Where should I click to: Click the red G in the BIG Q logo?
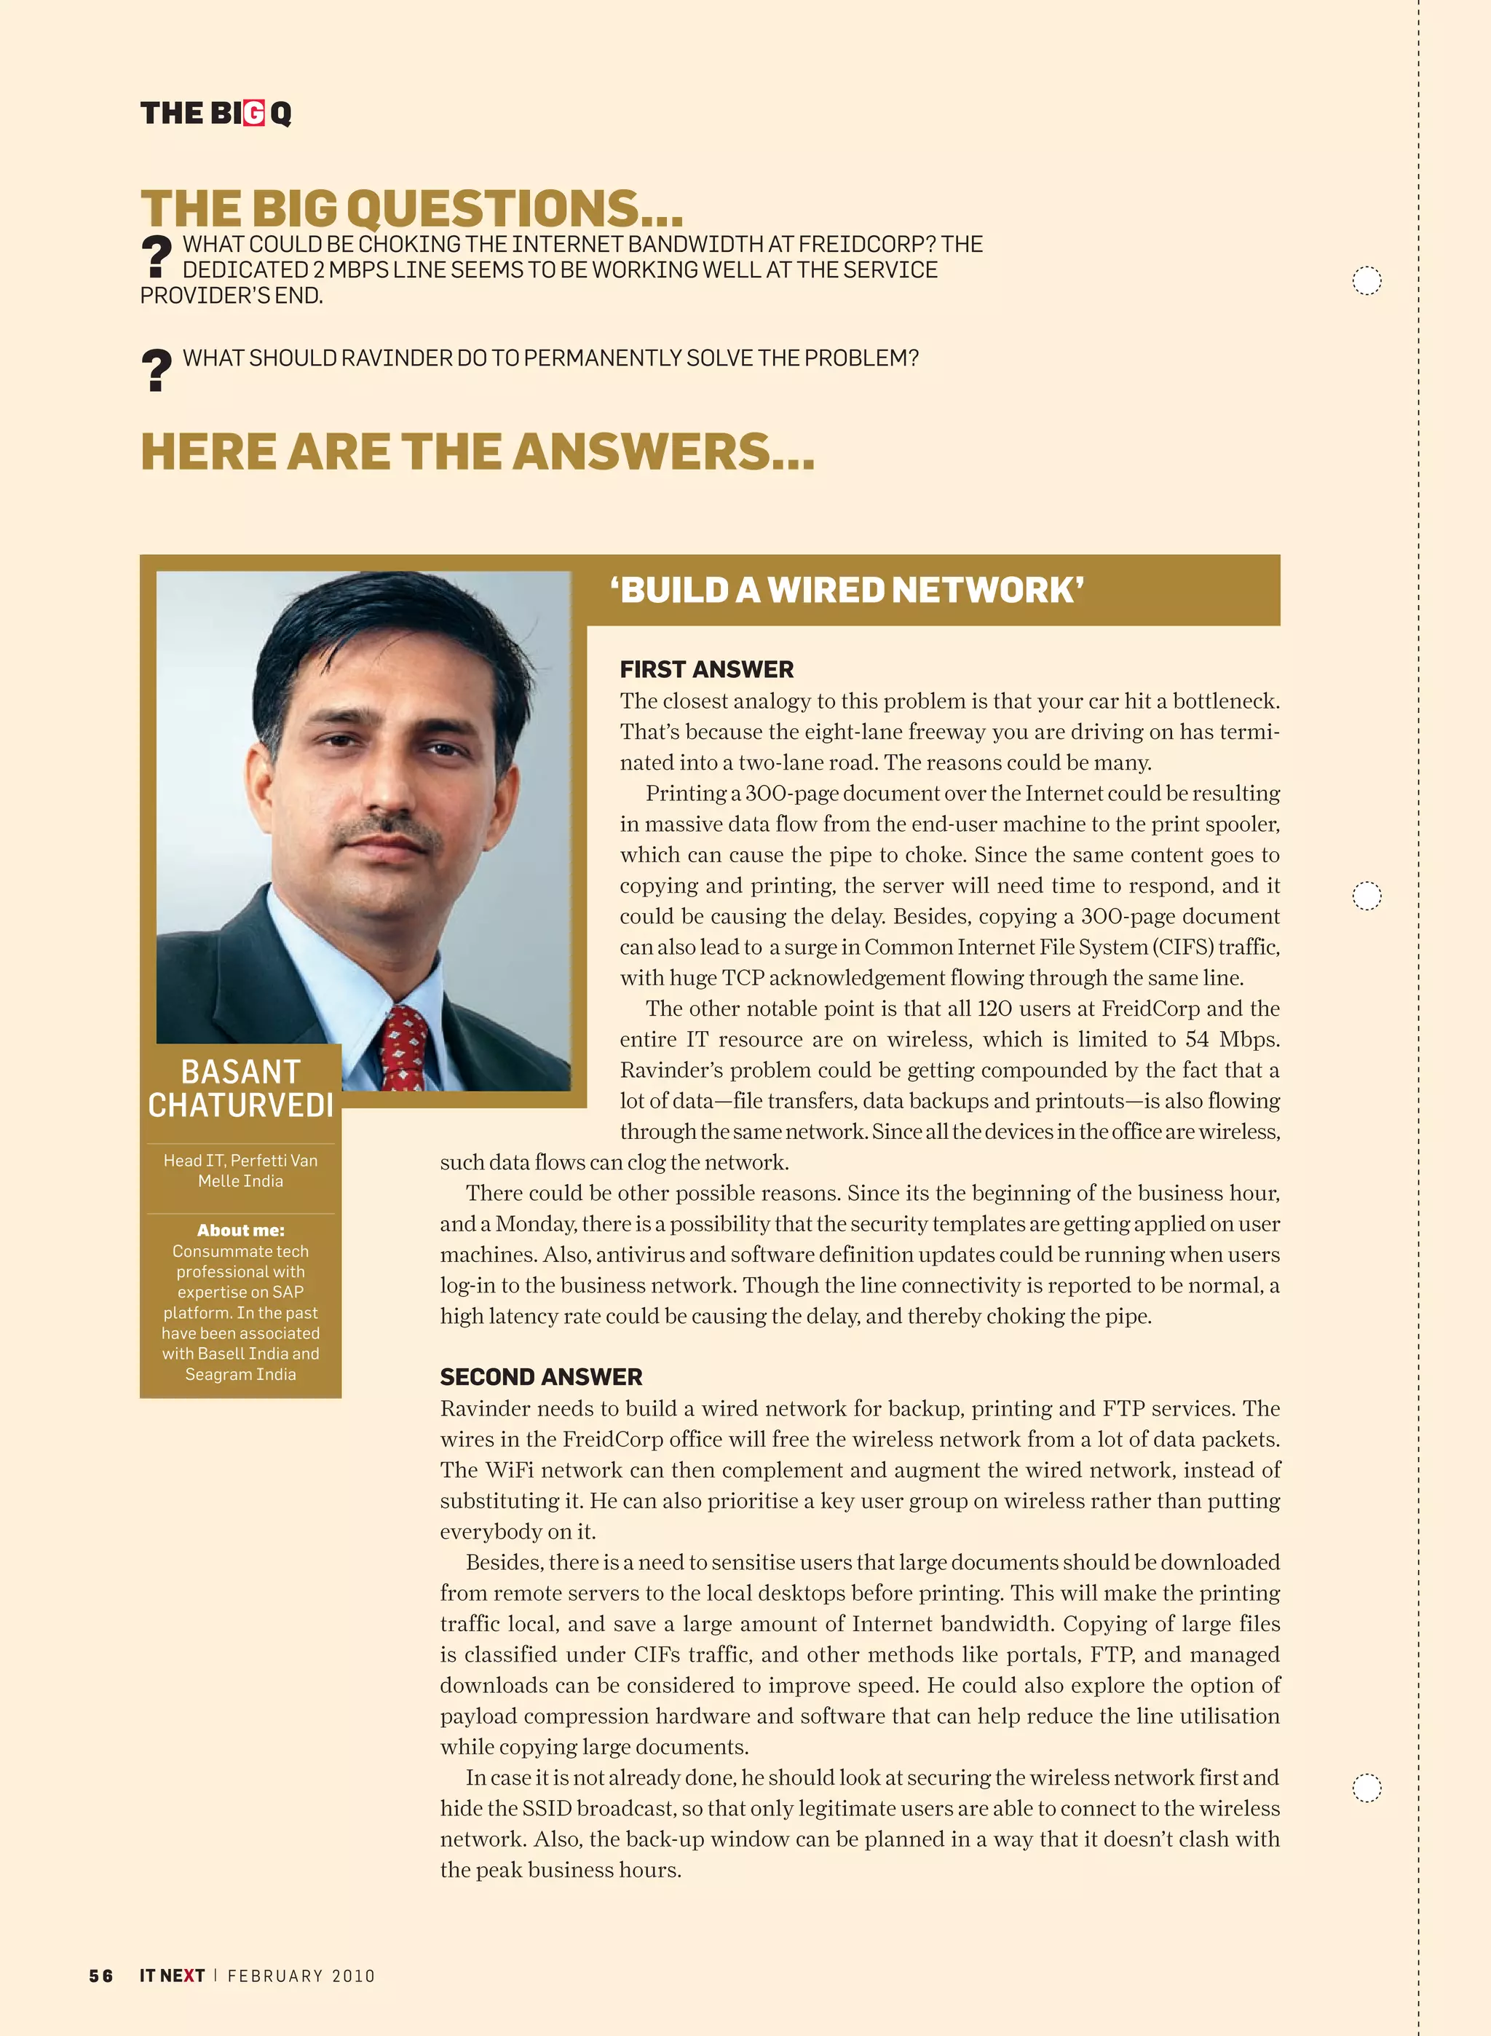coord(253,114)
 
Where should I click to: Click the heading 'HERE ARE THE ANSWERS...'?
coord(477,452)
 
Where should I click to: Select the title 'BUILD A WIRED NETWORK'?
coord(847,591)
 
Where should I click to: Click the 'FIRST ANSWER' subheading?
coord(707,670)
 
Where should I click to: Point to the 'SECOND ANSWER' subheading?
coord(541,1377)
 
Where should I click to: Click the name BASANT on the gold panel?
coord(240,1072)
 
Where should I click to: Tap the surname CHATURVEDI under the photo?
coord(240,1105)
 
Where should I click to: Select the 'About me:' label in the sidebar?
coord(240,1230)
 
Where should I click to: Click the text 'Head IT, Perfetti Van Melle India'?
coord(240,1170)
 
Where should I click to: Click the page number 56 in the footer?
coord(101,1976)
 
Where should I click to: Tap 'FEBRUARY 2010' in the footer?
coord(301,1976)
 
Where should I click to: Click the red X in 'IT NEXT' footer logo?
coord(189,1976)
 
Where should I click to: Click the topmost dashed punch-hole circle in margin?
coord(1367,280)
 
